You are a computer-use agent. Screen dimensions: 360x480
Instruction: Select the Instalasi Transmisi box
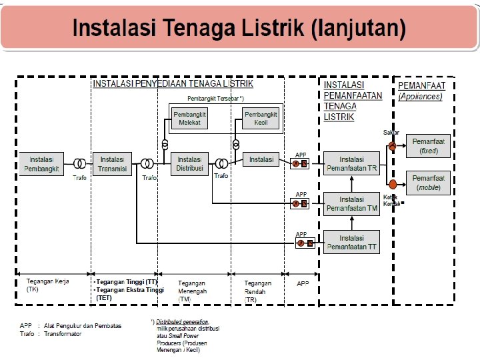(113, 163)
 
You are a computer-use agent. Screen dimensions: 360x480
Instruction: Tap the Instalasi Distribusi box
(190, 163)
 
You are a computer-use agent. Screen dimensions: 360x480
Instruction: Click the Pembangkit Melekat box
(189, 119)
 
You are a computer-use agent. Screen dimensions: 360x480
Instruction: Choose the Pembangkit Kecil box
(261, 119)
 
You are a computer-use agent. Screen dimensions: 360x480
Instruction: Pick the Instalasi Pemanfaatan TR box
(351, 164)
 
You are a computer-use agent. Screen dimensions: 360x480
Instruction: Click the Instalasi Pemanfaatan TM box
(351, 203)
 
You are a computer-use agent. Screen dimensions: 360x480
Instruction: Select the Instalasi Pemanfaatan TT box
(351, 242)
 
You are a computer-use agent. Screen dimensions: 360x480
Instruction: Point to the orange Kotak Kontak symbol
(393, 184)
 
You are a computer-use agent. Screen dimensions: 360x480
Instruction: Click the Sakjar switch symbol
(393, 146)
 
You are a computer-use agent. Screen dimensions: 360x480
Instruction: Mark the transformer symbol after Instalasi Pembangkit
(79, 163)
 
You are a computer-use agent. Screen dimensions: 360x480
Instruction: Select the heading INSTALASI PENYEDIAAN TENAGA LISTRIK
(173, 84)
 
